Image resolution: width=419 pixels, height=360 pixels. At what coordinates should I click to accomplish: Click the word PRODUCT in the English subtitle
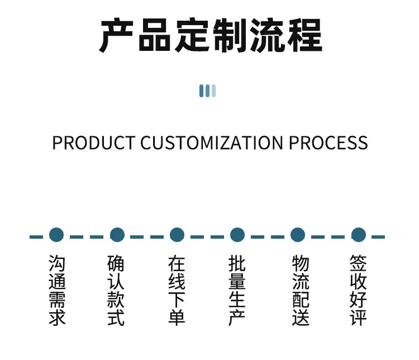(94, 143)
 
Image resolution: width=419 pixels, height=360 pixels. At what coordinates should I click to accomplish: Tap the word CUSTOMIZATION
(211, 143)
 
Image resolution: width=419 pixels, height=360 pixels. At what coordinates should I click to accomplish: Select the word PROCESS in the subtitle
(328, 143)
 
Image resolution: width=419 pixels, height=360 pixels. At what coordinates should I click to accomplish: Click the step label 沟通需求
(57, 290)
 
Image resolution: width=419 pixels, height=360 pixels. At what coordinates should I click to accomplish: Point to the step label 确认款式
(116, 290)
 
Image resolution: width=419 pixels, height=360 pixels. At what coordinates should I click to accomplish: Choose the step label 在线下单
(177, 290)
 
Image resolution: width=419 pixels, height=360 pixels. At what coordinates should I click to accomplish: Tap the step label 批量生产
(237, 290)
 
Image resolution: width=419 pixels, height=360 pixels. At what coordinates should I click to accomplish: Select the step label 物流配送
(301, 290)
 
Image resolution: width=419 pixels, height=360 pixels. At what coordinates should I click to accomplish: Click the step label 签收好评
(358, 290)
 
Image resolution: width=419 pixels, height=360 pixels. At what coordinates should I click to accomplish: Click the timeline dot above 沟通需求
(56, 235)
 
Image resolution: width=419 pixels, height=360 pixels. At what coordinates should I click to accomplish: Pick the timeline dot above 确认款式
(117, 235)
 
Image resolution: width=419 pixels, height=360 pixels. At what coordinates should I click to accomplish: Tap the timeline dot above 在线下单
(177, 235)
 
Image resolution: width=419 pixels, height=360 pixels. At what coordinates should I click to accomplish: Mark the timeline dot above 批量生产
(237, 235)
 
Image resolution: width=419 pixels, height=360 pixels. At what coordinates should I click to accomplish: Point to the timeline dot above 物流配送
(298, 235)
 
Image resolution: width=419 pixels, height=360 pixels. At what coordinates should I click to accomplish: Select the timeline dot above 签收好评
(358, 235)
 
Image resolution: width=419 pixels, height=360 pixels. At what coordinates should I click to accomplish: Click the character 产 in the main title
(116, 35)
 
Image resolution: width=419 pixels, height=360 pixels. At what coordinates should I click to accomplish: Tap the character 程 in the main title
(304, 35)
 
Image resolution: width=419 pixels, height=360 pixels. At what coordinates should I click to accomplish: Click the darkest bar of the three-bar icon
(202, 91)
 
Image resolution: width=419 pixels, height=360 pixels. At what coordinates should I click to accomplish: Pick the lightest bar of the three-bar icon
(213, 91)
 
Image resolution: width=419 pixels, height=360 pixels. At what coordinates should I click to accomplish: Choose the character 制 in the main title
(230, 35)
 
